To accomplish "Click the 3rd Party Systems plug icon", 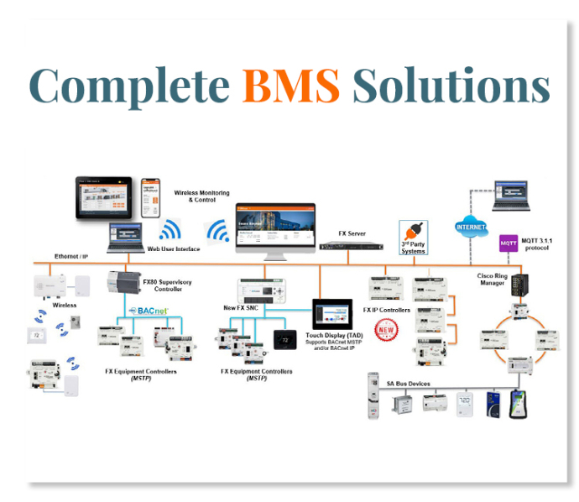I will coord(412,233).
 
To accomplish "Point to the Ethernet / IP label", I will coord(70,255).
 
